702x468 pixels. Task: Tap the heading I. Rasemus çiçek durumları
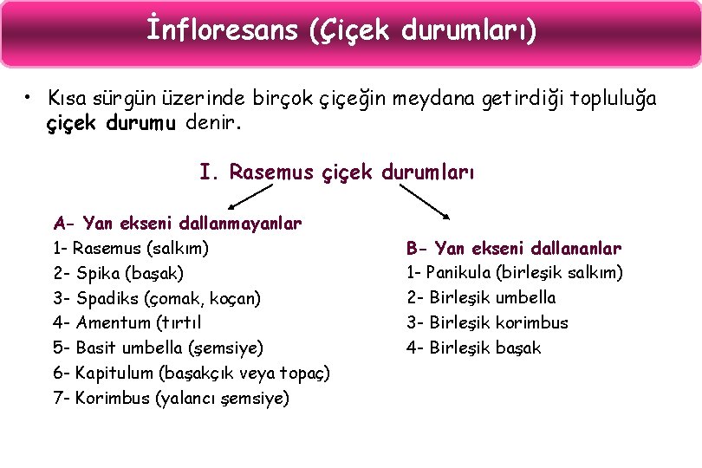coord(337,172)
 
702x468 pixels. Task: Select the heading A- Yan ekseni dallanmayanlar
coord(178,224)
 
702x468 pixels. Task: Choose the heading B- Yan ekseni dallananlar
coord(514,249)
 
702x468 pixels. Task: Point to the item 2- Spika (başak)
coord(118,274)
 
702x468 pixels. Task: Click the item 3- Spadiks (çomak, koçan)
coord(157,298)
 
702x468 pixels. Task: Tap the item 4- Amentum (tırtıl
coord(127,323)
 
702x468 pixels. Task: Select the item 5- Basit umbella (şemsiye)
coord(158,348)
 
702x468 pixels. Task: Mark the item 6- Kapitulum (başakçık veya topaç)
coord(192,374)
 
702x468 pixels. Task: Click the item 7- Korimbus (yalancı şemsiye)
coord(172,399)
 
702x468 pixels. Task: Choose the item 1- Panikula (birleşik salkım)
coord(515,273)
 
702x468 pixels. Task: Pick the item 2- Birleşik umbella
coord(482,298)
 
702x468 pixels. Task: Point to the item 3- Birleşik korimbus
coord(488,323)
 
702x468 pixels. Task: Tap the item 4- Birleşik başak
coord(474,348)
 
